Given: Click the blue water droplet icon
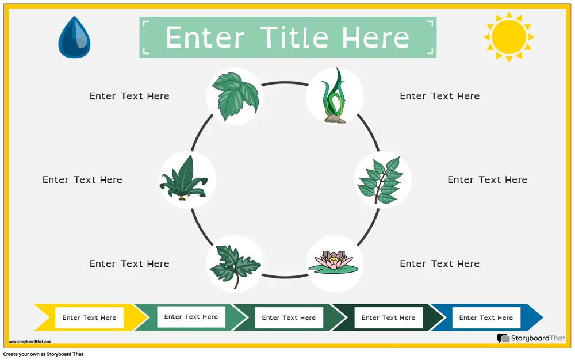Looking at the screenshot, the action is tap(74, 37).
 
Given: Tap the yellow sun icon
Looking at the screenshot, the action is tap(509, 37).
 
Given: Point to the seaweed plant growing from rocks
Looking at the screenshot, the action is tap(333, 95).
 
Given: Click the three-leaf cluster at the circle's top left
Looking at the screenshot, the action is tap(235, 97).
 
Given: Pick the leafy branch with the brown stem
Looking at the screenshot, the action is tap(380, 180).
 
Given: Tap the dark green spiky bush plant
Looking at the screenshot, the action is tap(183, 178).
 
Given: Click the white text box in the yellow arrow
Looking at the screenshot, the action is tap(89, 317).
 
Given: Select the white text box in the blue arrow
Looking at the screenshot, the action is tap(486, 317).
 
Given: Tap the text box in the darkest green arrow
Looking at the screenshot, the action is tap(388, 317).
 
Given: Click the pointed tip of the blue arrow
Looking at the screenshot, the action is tap(543, 317).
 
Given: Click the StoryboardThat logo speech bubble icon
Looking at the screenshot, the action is tap(503, 338).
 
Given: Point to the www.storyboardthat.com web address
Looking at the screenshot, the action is tap(30, 342).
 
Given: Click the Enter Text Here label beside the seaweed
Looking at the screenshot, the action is tap(440, 96).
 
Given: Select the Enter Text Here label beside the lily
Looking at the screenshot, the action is tap(440, 263).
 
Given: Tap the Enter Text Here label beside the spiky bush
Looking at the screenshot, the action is tap(82, 179).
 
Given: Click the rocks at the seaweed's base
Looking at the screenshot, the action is tap(335, 119).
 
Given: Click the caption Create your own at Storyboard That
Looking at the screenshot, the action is tap(43, 354).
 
